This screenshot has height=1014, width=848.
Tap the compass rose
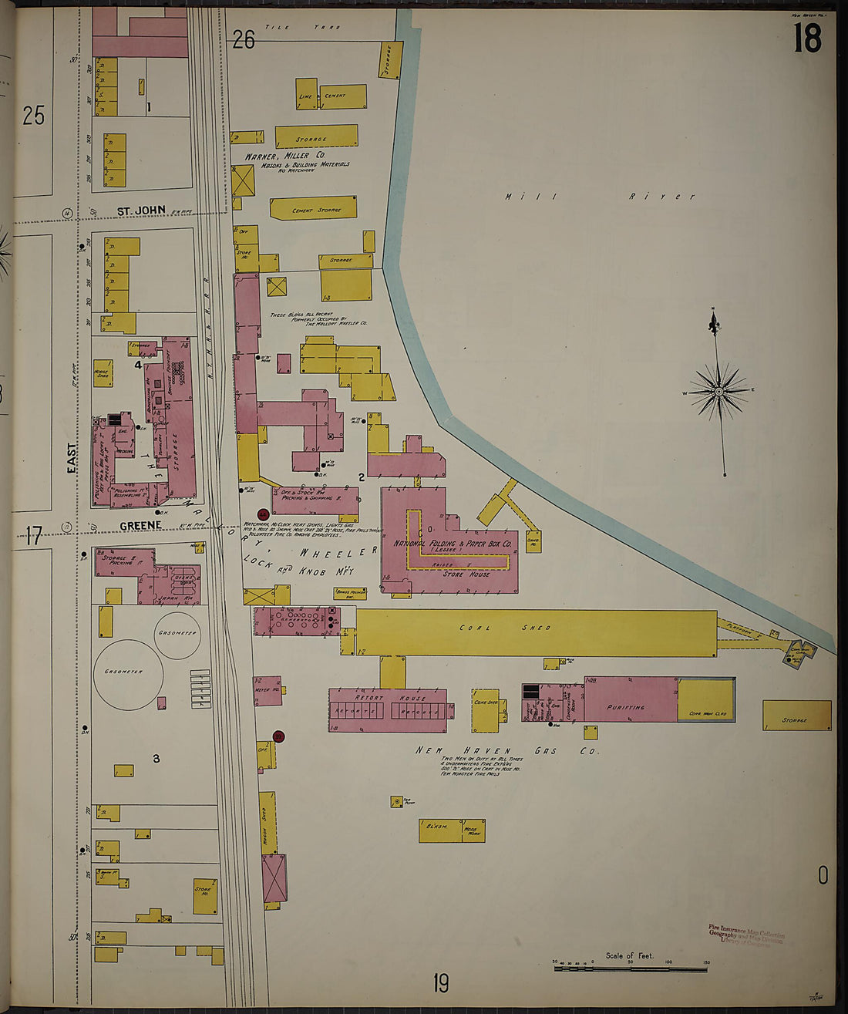(718, 392)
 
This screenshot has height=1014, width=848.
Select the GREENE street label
(140, 525)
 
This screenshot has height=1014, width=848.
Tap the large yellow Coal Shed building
(537, 632)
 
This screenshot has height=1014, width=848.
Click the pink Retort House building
(388, 710)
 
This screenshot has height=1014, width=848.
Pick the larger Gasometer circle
(128, 672)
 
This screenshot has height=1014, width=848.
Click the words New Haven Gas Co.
(506, 750)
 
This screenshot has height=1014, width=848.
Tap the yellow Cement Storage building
(314, 208)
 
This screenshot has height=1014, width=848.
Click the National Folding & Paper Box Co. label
(453, 543)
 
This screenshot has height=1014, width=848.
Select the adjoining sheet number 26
(244, 39)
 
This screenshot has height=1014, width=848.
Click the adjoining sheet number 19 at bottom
(440, 983)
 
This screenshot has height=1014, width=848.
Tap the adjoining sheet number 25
(33, 116)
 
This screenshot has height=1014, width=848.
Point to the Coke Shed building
(486, 709)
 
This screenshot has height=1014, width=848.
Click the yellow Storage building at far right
(796, 716)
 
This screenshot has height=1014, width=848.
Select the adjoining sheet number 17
(33, 535)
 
